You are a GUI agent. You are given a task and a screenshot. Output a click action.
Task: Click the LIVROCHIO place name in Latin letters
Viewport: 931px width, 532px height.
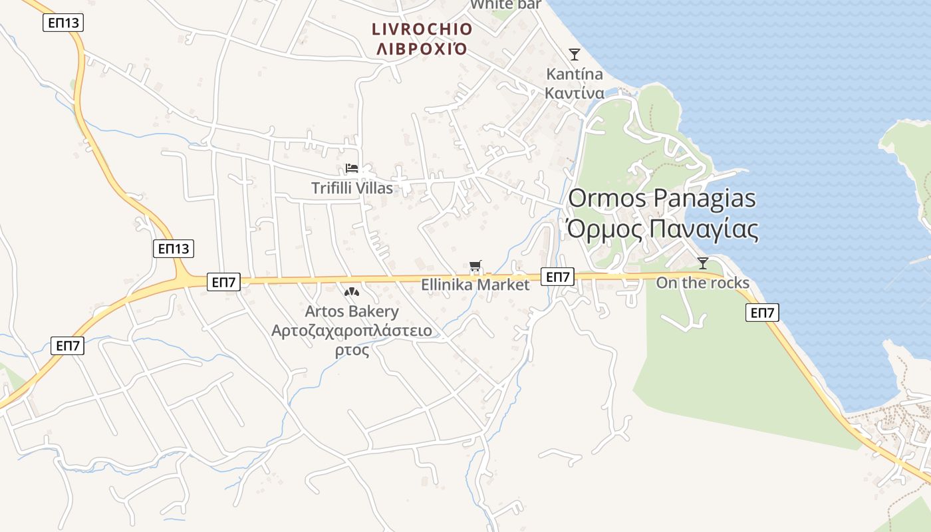422,29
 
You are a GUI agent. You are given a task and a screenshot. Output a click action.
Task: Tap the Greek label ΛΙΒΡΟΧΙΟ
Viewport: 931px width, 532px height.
422,49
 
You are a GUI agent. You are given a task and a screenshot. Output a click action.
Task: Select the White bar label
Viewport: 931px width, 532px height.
505,5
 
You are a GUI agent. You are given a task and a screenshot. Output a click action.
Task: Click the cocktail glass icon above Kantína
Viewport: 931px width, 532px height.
575,54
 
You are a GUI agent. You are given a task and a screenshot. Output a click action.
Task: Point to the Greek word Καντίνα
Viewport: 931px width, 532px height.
575,92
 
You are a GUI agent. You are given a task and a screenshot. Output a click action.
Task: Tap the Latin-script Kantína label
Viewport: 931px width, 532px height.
575,73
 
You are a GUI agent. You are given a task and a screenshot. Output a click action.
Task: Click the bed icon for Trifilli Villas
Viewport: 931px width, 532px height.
352,168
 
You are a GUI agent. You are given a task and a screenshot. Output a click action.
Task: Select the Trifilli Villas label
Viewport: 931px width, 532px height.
352,188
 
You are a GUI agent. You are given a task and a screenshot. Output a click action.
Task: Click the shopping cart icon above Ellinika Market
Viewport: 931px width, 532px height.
475,267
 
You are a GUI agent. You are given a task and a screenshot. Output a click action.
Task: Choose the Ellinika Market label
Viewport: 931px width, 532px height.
475,285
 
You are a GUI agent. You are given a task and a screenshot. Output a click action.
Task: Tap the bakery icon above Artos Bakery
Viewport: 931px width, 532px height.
352,292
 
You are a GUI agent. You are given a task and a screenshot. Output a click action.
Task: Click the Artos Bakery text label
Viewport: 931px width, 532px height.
352,311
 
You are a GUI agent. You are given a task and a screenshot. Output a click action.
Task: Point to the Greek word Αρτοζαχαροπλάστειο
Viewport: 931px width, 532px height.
352,331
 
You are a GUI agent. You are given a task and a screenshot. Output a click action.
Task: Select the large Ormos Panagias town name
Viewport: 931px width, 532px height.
662,198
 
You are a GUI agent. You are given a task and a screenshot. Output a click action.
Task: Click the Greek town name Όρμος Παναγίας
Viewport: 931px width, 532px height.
662,229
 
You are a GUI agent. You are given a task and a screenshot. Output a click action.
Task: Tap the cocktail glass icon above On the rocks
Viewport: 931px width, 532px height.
703,263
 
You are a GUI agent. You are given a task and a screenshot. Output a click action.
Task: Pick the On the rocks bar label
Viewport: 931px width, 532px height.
703,283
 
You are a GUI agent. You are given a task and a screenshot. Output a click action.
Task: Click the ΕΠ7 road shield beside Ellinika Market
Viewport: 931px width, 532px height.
557,277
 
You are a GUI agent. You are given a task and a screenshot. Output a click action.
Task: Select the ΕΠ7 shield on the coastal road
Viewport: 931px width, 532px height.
762,313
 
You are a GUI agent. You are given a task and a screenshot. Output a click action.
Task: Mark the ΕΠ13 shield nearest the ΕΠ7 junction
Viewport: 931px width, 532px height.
174,249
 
